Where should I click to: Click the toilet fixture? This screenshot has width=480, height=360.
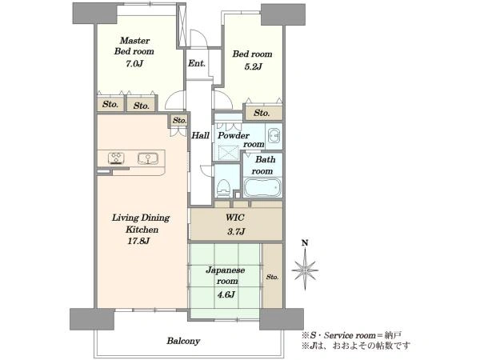[x=223, y=187]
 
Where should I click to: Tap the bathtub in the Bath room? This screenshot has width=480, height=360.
[x=262, y=187]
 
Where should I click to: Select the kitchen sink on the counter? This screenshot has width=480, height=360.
[x=148, y=158]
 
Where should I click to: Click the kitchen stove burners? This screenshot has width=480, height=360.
[x=116, y=158]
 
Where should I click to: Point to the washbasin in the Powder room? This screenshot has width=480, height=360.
[x=274, y=136]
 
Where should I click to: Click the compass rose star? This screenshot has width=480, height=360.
[x=305, y=270]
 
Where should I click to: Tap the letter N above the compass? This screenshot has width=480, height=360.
[x=305, y=242]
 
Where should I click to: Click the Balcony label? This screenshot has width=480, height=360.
[x=183, y=341]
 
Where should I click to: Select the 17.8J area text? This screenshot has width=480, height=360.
[x=138, y=241]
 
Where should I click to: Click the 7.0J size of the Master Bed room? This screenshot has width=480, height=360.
[x=134, y=64]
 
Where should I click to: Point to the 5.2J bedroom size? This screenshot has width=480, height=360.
[x=253, y=66]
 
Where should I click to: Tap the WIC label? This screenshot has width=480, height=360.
[x=235, y=218]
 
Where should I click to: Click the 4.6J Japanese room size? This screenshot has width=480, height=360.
[x=226, y=294]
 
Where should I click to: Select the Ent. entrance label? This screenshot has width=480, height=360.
[x=197, y=63]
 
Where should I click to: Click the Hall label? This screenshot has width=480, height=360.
[x=200, y=135]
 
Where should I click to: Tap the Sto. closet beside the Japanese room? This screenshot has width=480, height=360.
[x=273, y=276]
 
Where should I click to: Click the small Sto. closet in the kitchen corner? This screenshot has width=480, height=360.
[x=179, y=120]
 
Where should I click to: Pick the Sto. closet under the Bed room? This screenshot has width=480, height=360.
[x=262, y=113]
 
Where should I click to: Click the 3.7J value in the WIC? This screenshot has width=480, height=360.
[x=236, y=231]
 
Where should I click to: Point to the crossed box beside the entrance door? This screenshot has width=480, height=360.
[x=182, y=26]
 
